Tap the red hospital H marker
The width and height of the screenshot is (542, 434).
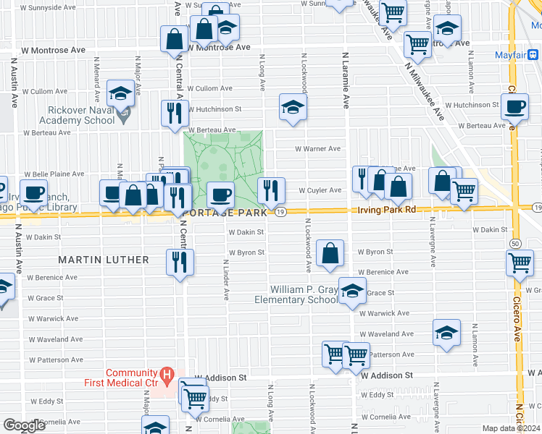(167, 375)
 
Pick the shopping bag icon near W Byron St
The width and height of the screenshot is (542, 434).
(330, 253)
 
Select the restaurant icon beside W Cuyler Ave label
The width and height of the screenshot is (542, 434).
(272, 190)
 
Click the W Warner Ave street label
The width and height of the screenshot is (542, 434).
(317, 149)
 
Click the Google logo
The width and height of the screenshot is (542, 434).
(25, 425)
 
